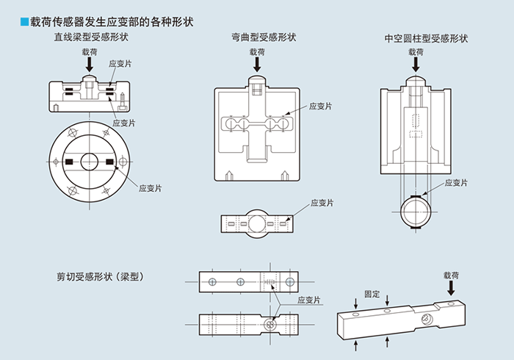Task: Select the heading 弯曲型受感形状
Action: (x=257, y=37)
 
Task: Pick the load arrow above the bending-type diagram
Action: (x=257, y=65)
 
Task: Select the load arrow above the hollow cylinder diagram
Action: (x=416, y=65)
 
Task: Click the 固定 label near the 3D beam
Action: (x=372, y=294)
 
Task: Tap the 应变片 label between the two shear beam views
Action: (x=309, y=300)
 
